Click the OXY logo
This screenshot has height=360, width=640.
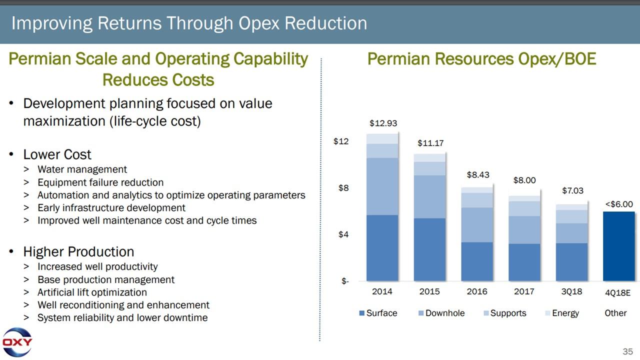[17, 342]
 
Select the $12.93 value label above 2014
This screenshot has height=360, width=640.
[383, 123]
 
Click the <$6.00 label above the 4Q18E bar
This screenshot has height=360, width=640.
[619, 204]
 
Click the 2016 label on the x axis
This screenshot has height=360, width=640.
[476, 291]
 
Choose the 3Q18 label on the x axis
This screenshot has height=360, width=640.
[571, 291]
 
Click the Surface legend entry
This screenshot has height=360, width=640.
[378, 313]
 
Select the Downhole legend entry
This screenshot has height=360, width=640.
[441, 313]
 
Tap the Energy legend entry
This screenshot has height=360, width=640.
[562, 313]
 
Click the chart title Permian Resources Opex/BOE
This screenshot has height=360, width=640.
[481, 59]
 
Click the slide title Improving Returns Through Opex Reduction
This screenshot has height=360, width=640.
[189, 23]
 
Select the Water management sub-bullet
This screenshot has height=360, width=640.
[82, 169]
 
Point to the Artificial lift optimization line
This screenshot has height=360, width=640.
[92, 292]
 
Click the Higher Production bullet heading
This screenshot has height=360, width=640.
[78, 251]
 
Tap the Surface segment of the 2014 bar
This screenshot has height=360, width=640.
[382, 248]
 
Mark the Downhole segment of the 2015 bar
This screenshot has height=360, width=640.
[429, 196]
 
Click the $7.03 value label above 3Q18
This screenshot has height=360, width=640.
[572, 190]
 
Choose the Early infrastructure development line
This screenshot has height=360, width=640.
[111, 207]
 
